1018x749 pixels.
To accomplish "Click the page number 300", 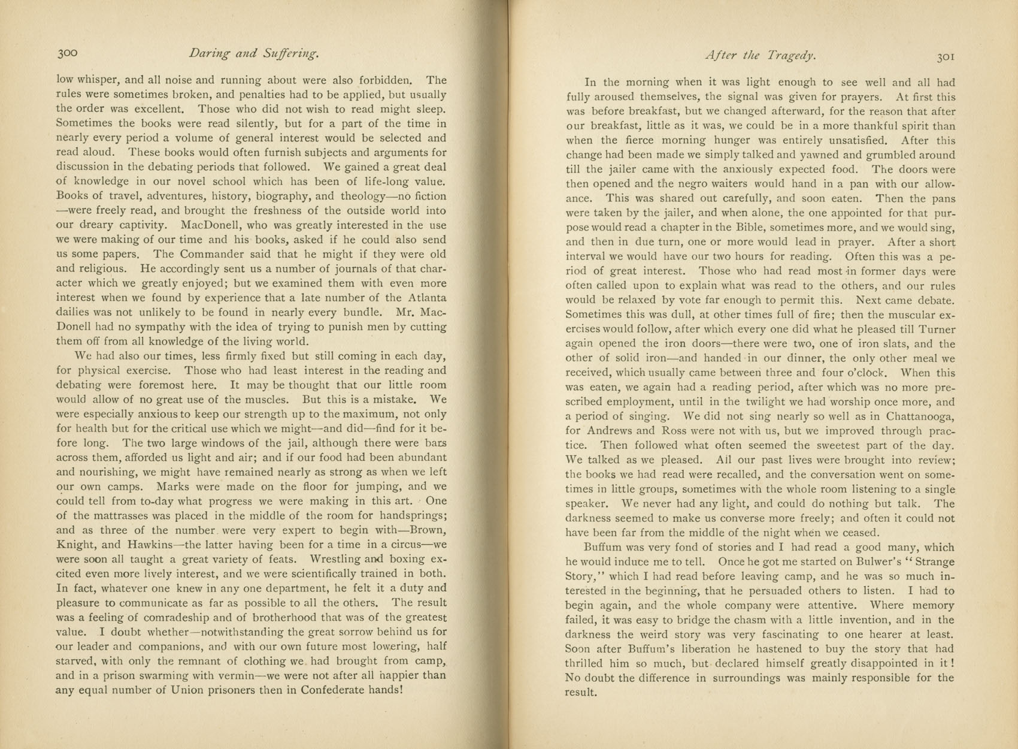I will (x=68, y=53).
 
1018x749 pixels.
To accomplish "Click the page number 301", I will (x=946, y=57).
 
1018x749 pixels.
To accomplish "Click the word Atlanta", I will (x=425, y=298).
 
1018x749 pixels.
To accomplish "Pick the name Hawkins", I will (x=150, y=545).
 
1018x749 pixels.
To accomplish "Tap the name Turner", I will (x=935, y=330).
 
